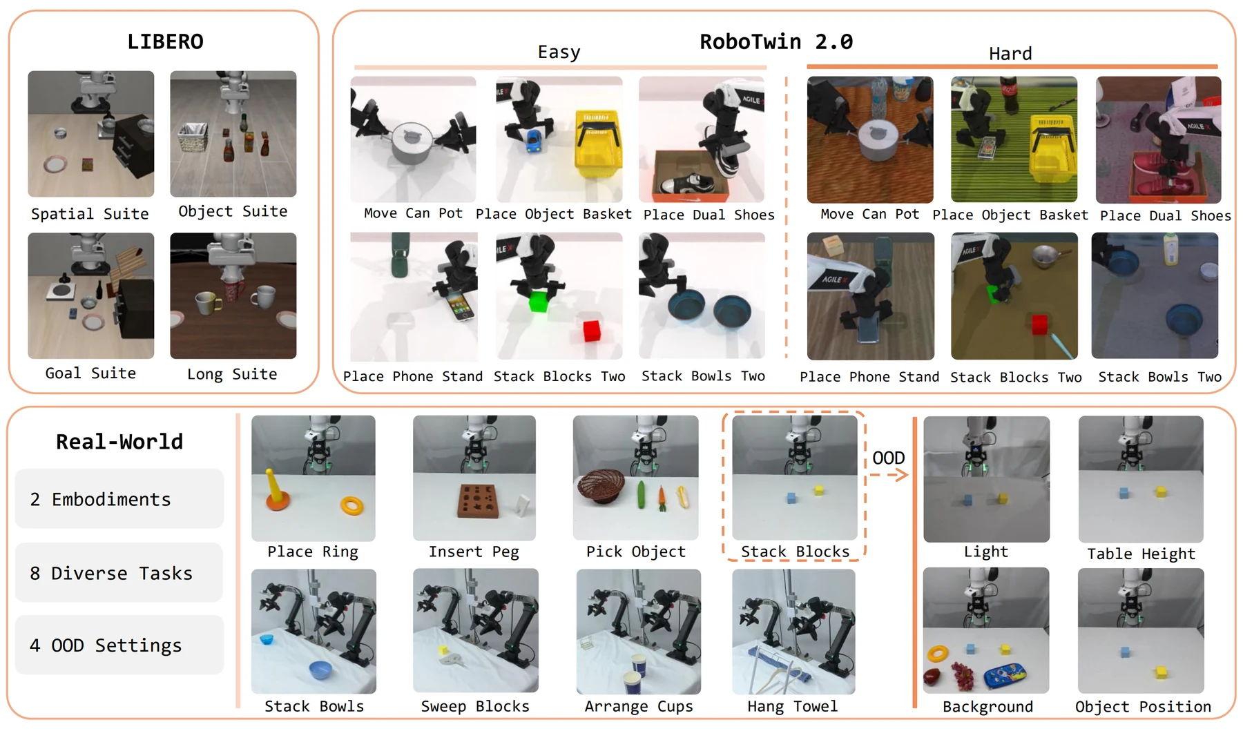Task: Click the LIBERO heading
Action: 165,41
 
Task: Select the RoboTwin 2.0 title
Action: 776,41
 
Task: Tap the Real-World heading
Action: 119,441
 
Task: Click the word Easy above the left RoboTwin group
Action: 559,52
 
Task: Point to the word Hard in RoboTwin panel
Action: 1010,53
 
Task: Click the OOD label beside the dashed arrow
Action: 888,458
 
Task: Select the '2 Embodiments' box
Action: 119,498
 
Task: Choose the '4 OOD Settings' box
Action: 119,645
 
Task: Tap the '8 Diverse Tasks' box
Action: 119,572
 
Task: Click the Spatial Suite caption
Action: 90,214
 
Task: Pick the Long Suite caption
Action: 232,374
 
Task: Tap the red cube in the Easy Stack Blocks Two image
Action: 591,331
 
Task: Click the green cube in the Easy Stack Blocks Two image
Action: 538,302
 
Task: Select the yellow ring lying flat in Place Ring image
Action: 351,506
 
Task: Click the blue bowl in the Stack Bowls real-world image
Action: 320,670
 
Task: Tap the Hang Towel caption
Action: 792,706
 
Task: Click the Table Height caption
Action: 1141,554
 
